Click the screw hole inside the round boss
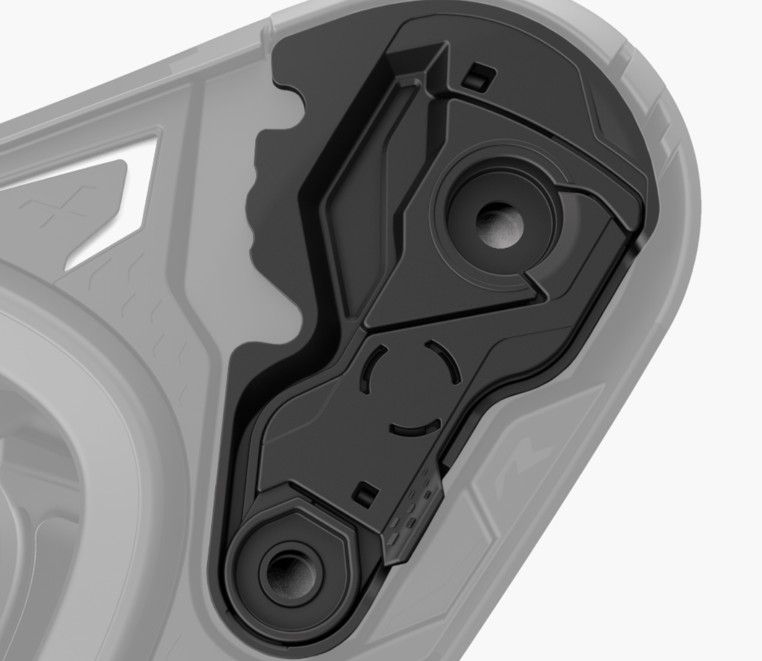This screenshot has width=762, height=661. (498, 225)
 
